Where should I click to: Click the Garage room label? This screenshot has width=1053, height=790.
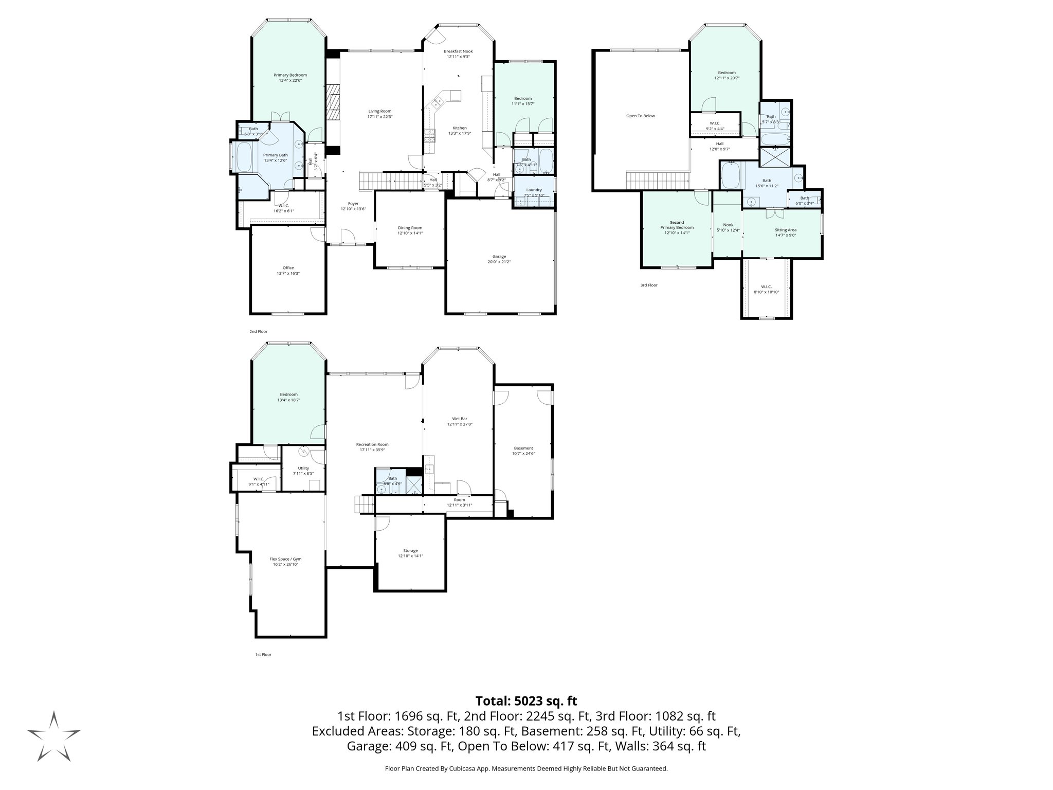tap(499, 256)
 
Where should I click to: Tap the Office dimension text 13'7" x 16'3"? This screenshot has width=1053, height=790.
tap(288, 274)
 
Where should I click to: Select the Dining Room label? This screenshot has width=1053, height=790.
tap(410, 227)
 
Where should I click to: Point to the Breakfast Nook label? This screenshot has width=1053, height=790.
tap(458, 51)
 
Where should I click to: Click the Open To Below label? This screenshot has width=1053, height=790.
tap(640, 116)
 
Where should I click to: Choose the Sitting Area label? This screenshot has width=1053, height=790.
tap(785, 230)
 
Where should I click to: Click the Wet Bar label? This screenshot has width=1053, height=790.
tap(460, 419)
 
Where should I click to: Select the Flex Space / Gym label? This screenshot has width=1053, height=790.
tap(285, 559)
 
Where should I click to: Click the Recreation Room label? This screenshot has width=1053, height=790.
tap(372, 444)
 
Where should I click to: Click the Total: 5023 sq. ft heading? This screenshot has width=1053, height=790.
tap(526, 701)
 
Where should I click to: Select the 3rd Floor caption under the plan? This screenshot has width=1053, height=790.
tap(648, 285)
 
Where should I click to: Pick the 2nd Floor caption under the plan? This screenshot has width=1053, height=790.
tap(258, 332)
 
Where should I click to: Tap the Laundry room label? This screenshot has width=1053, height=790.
tap(534, 190)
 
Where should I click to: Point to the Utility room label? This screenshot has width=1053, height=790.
tap(303, 468)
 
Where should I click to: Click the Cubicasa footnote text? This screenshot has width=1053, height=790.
tap(526, 769)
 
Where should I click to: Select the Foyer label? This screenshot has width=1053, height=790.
tap(353, 204)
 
